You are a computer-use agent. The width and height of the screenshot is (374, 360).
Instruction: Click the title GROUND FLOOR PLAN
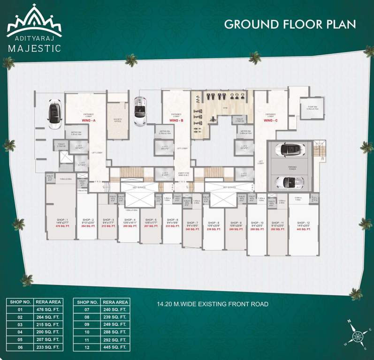point(290,24)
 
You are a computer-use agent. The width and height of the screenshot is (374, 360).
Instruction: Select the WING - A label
point(88,120)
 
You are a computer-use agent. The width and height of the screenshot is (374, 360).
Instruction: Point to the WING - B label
point(176,120)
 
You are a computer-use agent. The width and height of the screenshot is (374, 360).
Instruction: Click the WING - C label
point(270,120)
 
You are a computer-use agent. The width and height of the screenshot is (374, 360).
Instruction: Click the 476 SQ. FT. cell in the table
point(49,310)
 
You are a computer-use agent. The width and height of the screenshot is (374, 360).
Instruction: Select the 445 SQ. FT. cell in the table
point(115,347)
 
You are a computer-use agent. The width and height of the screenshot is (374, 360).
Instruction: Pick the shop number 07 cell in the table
point(87,310)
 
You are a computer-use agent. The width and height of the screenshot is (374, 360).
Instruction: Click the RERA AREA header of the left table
point(49,302)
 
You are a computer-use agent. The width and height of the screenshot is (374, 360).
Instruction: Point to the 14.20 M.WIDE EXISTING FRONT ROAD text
point(213,304)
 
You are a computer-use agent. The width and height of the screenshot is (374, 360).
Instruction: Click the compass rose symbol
point(357,336)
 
